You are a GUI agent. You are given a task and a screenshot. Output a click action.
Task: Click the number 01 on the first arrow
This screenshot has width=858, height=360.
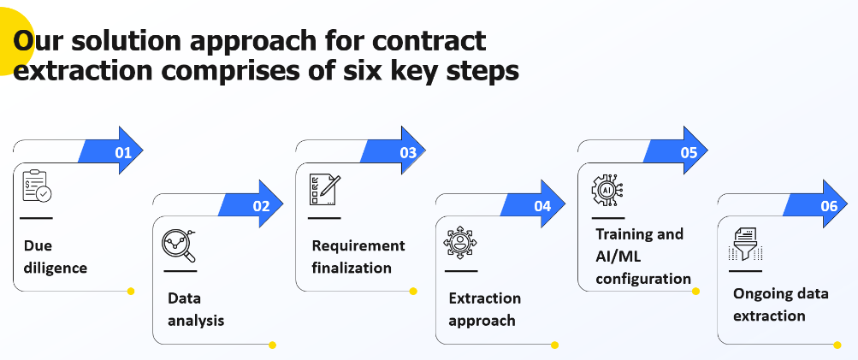point(123,153)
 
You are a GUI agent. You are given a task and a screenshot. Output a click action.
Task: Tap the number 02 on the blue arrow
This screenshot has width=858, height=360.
point(262,206)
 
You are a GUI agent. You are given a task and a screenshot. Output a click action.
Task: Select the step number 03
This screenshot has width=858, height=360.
point(407,153)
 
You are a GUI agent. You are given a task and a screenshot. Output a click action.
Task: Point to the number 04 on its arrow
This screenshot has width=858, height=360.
point(542,206)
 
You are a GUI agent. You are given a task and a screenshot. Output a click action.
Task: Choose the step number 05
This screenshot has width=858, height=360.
point(689,153)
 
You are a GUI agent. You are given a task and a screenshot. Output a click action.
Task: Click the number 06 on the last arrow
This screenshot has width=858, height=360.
point(829,206)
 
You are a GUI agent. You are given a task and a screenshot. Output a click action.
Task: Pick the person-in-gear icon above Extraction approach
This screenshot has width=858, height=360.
point(459,243)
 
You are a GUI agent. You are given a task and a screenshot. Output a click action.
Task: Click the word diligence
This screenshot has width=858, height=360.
point(56,268)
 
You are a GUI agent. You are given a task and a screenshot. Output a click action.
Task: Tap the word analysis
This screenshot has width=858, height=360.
point(196,321)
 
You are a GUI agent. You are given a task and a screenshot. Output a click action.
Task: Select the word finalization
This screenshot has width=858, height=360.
point(352,268)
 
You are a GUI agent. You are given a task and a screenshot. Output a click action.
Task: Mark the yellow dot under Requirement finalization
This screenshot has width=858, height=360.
point(413,291)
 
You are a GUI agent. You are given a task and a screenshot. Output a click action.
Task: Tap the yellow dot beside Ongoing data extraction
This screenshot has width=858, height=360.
point(837,345)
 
